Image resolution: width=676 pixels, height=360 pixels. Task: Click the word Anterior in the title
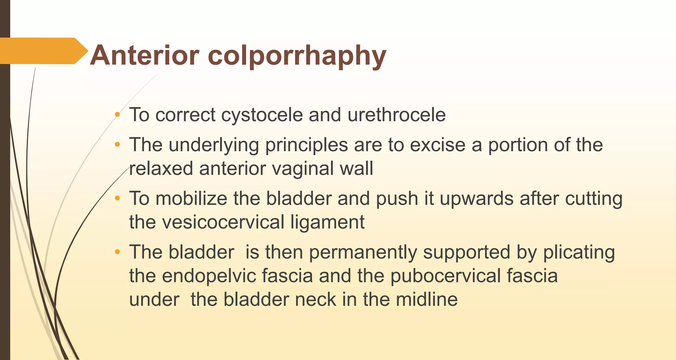[145, 55]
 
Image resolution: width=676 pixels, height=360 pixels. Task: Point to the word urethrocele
[396, 115]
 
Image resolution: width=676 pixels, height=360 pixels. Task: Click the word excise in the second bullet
[438, 145]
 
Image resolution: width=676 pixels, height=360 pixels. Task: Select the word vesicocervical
[223, 222]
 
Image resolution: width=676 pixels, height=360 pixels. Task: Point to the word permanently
[363, 253]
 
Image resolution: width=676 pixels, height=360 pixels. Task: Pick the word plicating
[579, 253]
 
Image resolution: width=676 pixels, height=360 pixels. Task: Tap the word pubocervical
[446, 276]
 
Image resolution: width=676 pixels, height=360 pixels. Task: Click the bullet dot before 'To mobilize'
[117, 199]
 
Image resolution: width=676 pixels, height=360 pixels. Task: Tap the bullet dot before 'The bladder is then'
[117, 252]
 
